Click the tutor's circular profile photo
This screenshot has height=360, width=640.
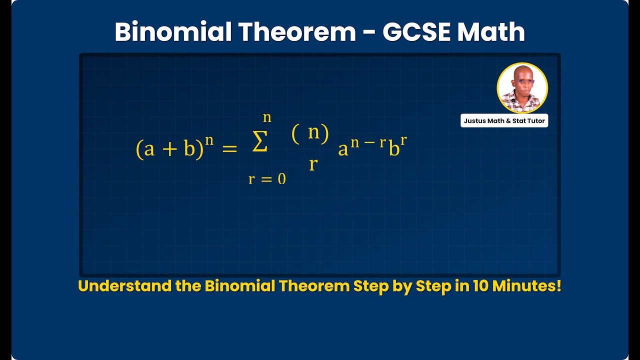click(x=522, y=88)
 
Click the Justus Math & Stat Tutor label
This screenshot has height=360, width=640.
click(x=504, y=121)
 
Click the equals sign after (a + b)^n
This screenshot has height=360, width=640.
click(x=229, y=148)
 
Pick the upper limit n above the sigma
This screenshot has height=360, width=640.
click(x=267, y=117)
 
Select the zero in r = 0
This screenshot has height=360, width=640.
click(x=282, y=179)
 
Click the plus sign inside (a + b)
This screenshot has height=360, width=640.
click(x=169, y=149)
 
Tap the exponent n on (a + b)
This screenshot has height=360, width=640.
click(x=209, y=139)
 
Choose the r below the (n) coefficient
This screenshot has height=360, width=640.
click(x=313, y=163)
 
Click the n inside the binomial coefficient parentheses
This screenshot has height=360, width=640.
click(x=314, y=132)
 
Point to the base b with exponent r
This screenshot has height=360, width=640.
click(x=393, y=149)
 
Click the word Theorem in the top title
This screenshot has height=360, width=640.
click(x=296, y=32)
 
